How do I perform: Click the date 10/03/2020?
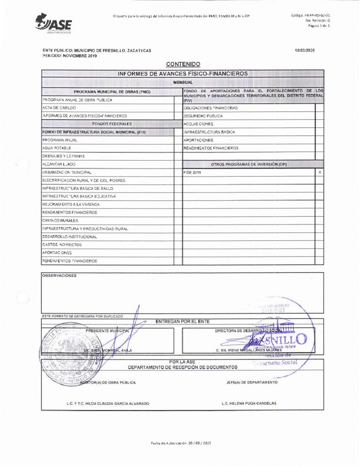(x=304, y=51)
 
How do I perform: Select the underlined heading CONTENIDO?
(x=183, y=64)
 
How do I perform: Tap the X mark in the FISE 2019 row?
(x=319, y=172)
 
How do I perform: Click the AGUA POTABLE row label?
(x=56, y=148)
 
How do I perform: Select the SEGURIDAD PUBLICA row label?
(x=203, y=116)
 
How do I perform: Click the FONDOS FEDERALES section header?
(x=112, y=124)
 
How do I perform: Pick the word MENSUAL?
(x=183, y=82)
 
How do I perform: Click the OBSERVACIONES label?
(x=59, y=275)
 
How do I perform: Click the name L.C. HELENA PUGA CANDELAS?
(x=248, y=404)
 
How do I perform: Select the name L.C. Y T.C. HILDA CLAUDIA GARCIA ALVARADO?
(x=107, y=404)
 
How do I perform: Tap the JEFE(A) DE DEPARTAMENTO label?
(x=251, y=382)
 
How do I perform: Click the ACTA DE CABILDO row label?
(x=59, y=108)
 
